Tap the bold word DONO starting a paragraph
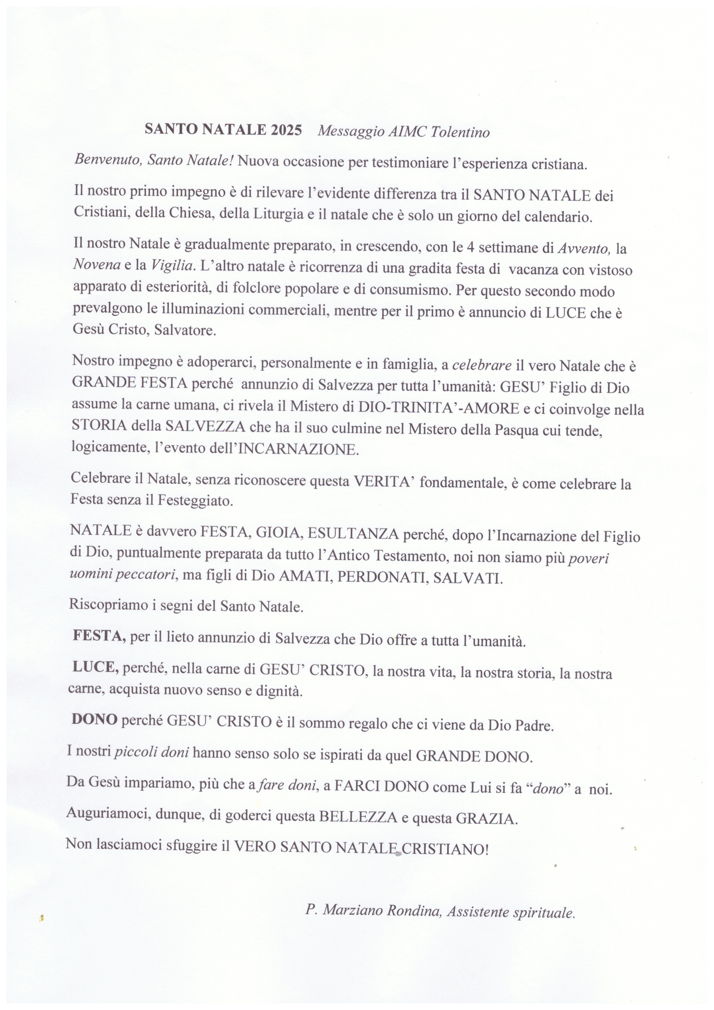(x=94, y=720)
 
